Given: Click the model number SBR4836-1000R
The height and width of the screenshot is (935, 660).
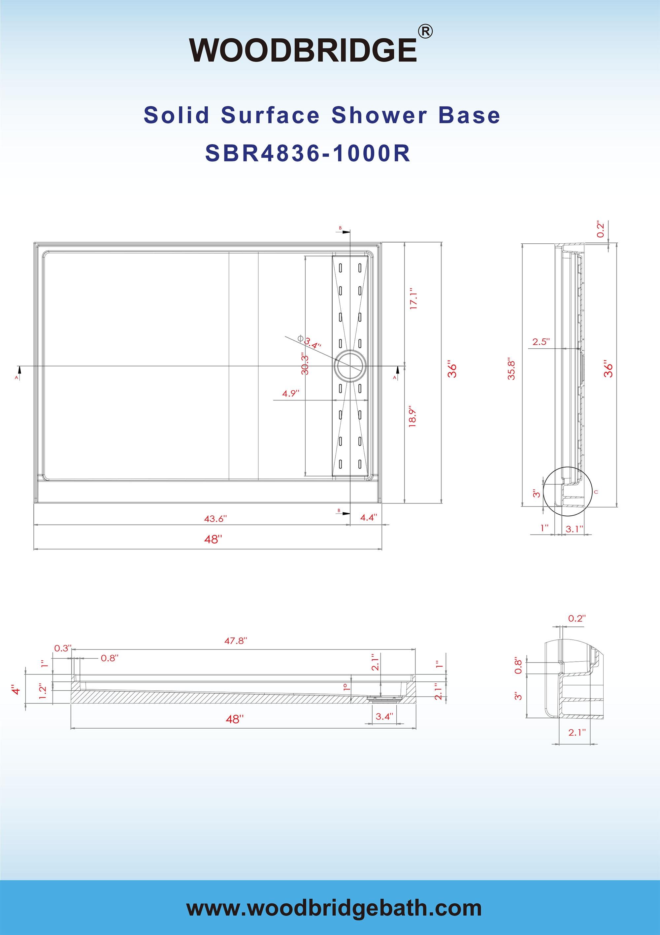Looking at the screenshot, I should [x=308, y=154].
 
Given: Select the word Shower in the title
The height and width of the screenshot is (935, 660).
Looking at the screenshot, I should [x=379, y=115].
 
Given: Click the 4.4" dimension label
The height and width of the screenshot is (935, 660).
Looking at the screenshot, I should [x=369, y=518].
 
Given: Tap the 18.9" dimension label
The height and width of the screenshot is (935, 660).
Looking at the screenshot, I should [x=412, y=416].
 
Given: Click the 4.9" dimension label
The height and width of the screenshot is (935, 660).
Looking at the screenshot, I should [x=291, y=394].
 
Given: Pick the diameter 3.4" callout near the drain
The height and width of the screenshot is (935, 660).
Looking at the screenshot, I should [x=312, y=342].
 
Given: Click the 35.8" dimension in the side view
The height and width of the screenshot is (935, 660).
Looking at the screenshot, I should [x=512, y=369].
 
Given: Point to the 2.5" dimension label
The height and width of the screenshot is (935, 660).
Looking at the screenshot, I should [x=541, y=342].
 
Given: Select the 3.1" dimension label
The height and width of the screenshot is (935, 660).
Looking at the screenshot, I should [x=574, y=529].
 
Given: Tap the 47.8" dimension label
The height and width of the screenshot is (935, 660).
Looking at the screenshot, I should [x=236, y=641].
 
